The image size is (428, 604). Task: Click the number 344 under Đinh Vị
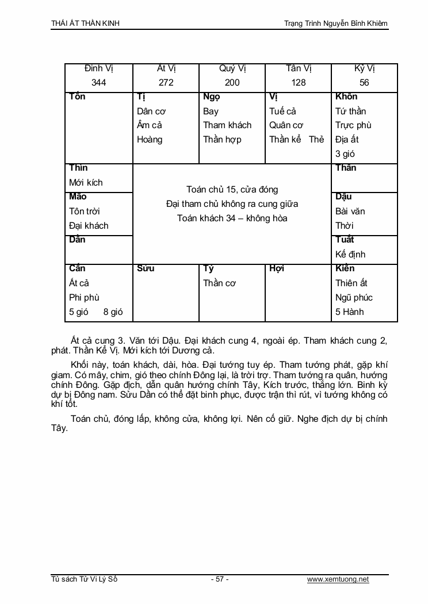[98, 83]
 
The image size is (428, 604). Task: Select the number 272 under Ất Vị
[166, 83]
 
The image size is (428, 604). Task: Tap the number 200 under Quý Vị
[232, 83]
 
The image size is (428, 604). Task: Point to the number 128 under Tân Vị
[299, 83]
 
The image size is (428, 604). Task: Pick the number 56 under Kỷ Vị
[364, 83]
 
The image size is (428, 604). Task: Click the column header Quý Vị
[232, 68]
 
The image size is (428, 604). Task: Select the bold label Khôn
[346, 97]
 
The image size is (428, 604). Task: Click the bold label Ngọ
[212, 97]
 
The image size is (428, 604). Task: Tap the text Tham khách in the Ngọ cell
[227, 125]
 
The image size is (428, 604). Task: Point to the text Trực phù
[353, 125]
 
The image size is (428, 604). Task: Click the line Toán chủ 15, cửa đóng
[232, 190]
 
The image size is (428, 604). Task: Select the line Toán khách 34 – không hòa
[232, 218]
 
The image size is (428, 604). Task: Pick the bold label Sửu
[146, 268]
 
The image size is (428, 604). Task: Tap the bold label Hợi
[277, 268]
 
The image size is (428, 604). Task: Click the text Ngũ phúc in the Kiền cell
[354, 298]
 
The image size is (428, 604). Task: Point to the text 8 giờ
[113, 312]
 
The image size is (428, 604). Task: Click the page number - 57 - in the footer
[220, 579]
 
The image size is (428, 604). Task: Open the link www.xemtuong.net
[338, 579]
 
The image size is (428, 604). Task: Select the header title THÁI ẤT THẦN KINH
[86, 24]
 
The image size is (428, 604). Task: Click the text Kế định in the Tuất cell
[350, 255]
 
